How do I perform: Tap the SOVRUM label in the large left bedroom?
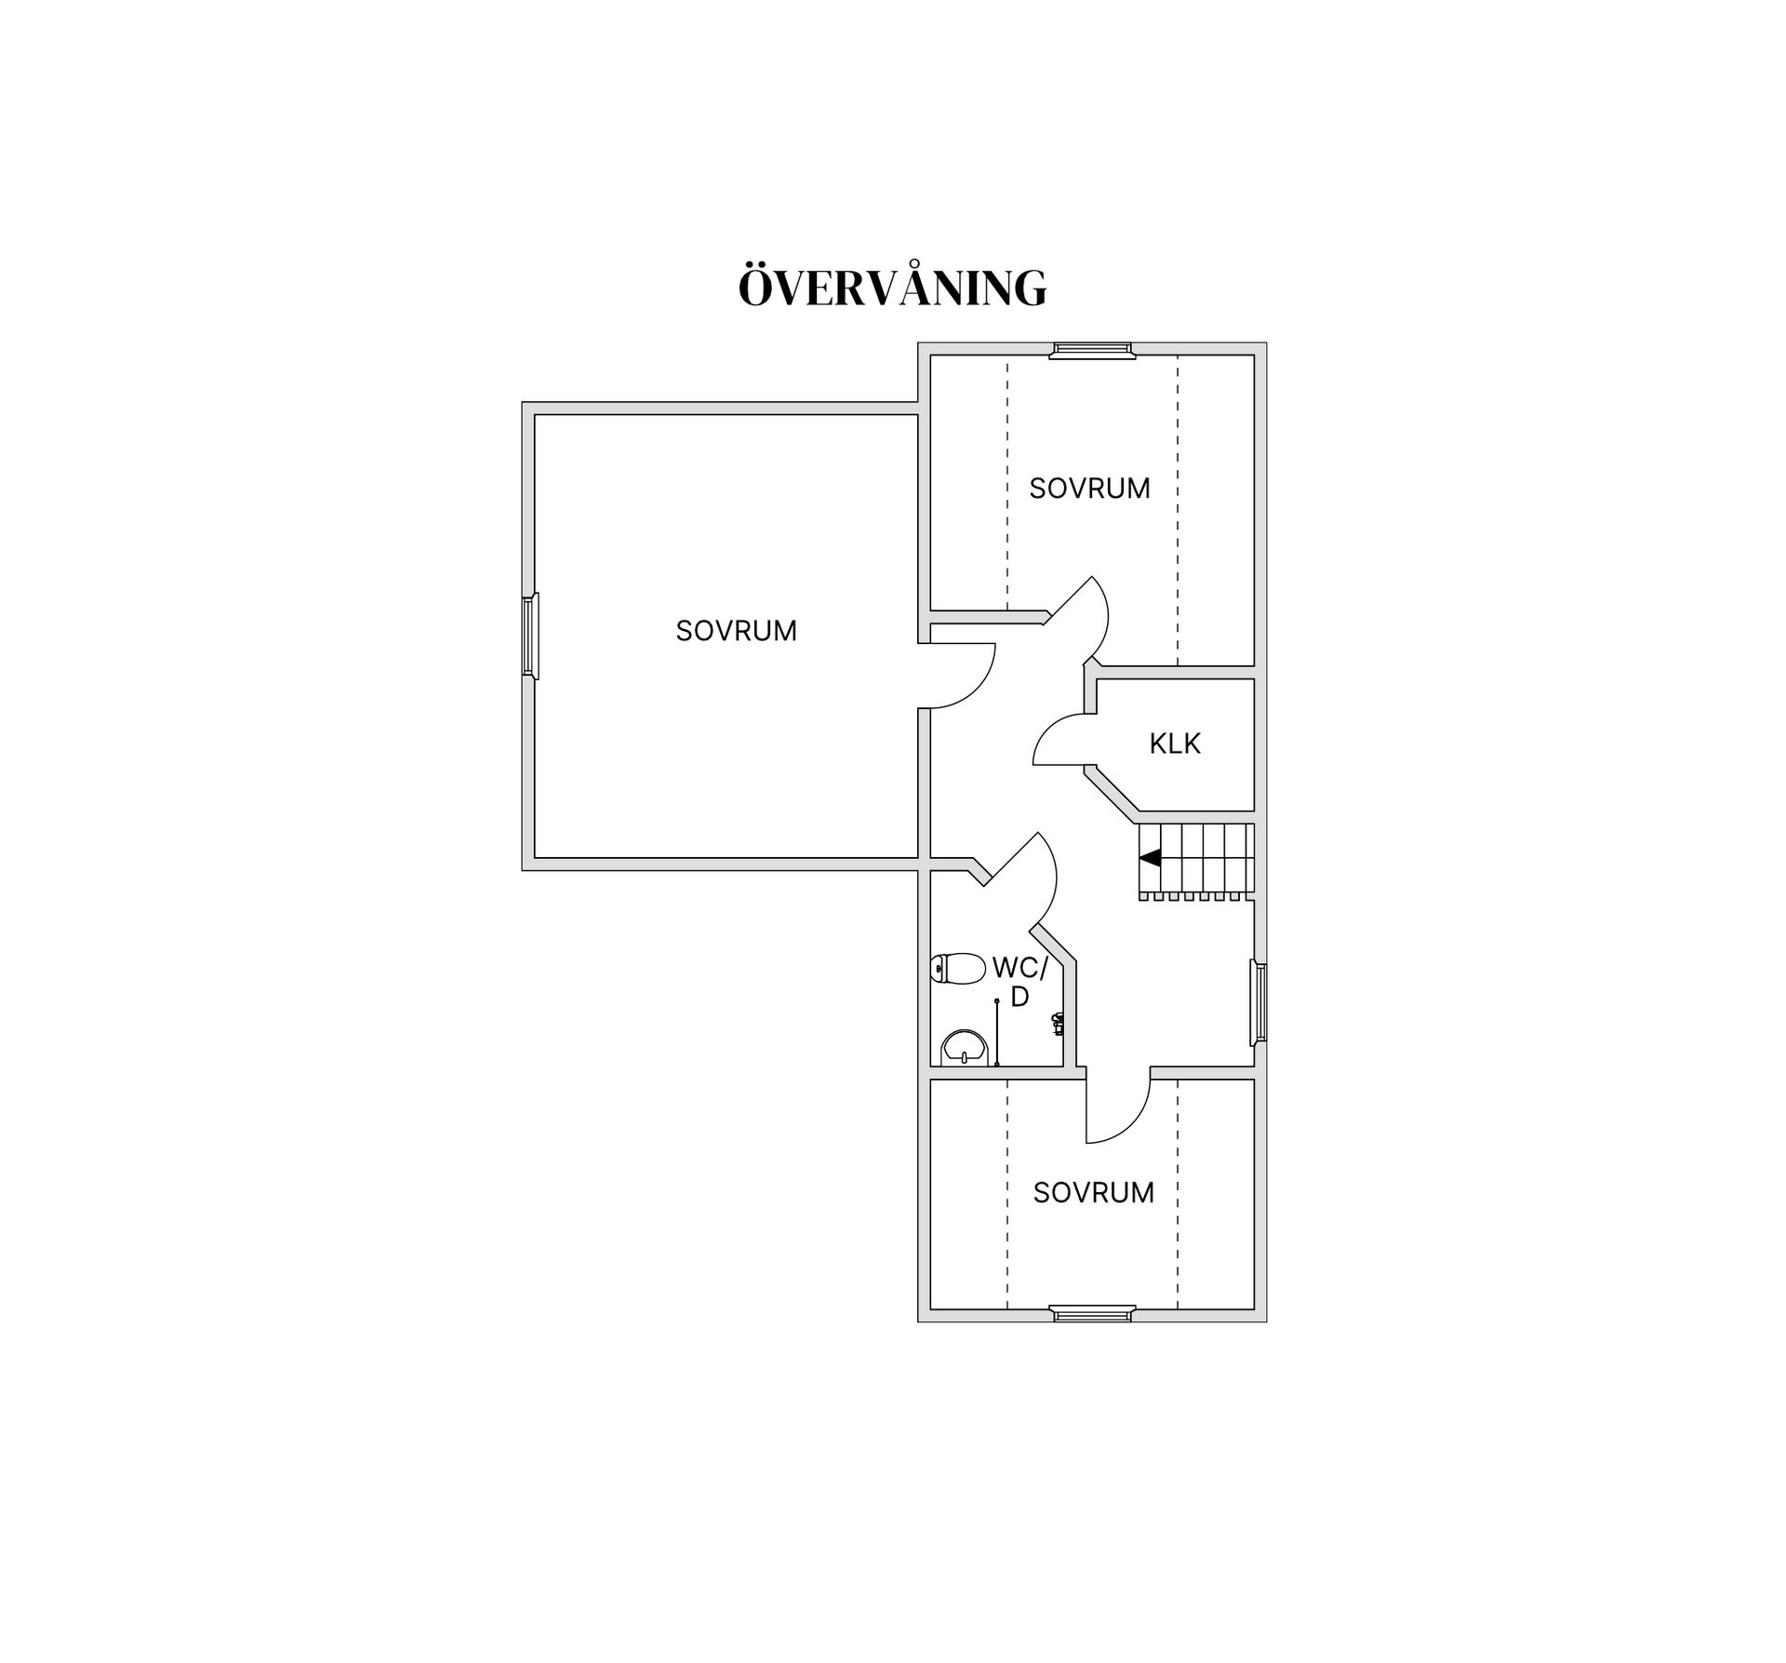pos(737,631)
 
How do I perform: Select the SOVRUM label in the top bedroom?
pos(1089,489)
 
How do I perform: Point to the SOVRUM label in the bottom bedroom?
pos(1094,1193)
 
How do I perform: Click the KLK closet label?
pos(1175,744)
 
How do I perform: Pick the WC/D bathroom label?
pos(1020,982)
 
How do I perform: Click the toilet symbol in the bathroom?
pos(957,969)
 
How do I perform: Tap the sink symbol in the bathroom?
pos(964,1048)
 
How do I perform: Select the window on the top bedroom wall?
pos(1092,350)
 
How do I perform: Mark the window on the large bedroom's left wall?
pos(529,637)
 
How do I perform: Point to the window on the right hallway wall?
pos(1259,1001)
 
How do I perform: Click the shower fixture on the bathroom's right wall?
pos(1059,1023)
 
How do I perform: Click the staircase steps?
pos(1195,862)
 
